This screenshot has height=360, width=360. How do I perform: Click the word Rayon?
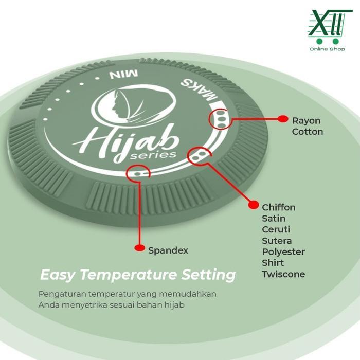(x=306, y=121)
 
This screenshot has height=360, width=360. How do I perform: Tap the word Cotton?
(x=308, y=132)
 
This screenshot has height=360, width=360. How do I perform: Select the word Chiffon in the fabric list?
(x=279, y=207)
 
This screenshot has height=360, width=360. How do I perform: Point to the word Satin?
(x=274, y=219)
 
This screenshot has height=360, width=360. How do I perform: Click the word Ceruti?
(x=276, y=229)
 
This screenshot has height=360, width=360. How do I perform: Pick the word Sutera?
(x=277, y=241)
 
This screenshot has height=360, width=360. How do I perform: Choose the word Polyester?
(x=283, y=252)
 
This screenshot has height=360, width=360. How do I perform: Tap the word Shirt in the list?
(x=273, y=263)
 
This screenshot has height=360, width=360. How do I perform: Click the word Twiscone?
(x=283, y=274)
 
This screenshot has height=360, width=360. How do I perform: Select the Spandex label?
(x=168, y=250)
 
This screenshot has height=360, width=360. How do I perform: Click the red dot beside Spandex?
(x=139, y=248)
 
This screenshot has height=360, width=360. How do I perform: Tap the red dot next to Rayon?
(x=283, y=119)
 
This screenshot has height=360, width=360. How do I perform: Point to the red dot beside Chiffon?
(x=254, y=205)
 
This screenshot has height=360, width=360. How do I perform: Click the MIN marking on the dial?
(x=124, y=75)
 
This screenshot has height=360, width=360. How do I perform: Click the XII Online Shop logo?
(x=328, y=30)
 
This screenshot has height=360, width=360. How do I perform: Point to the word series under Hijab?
(x=153, y=155)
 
